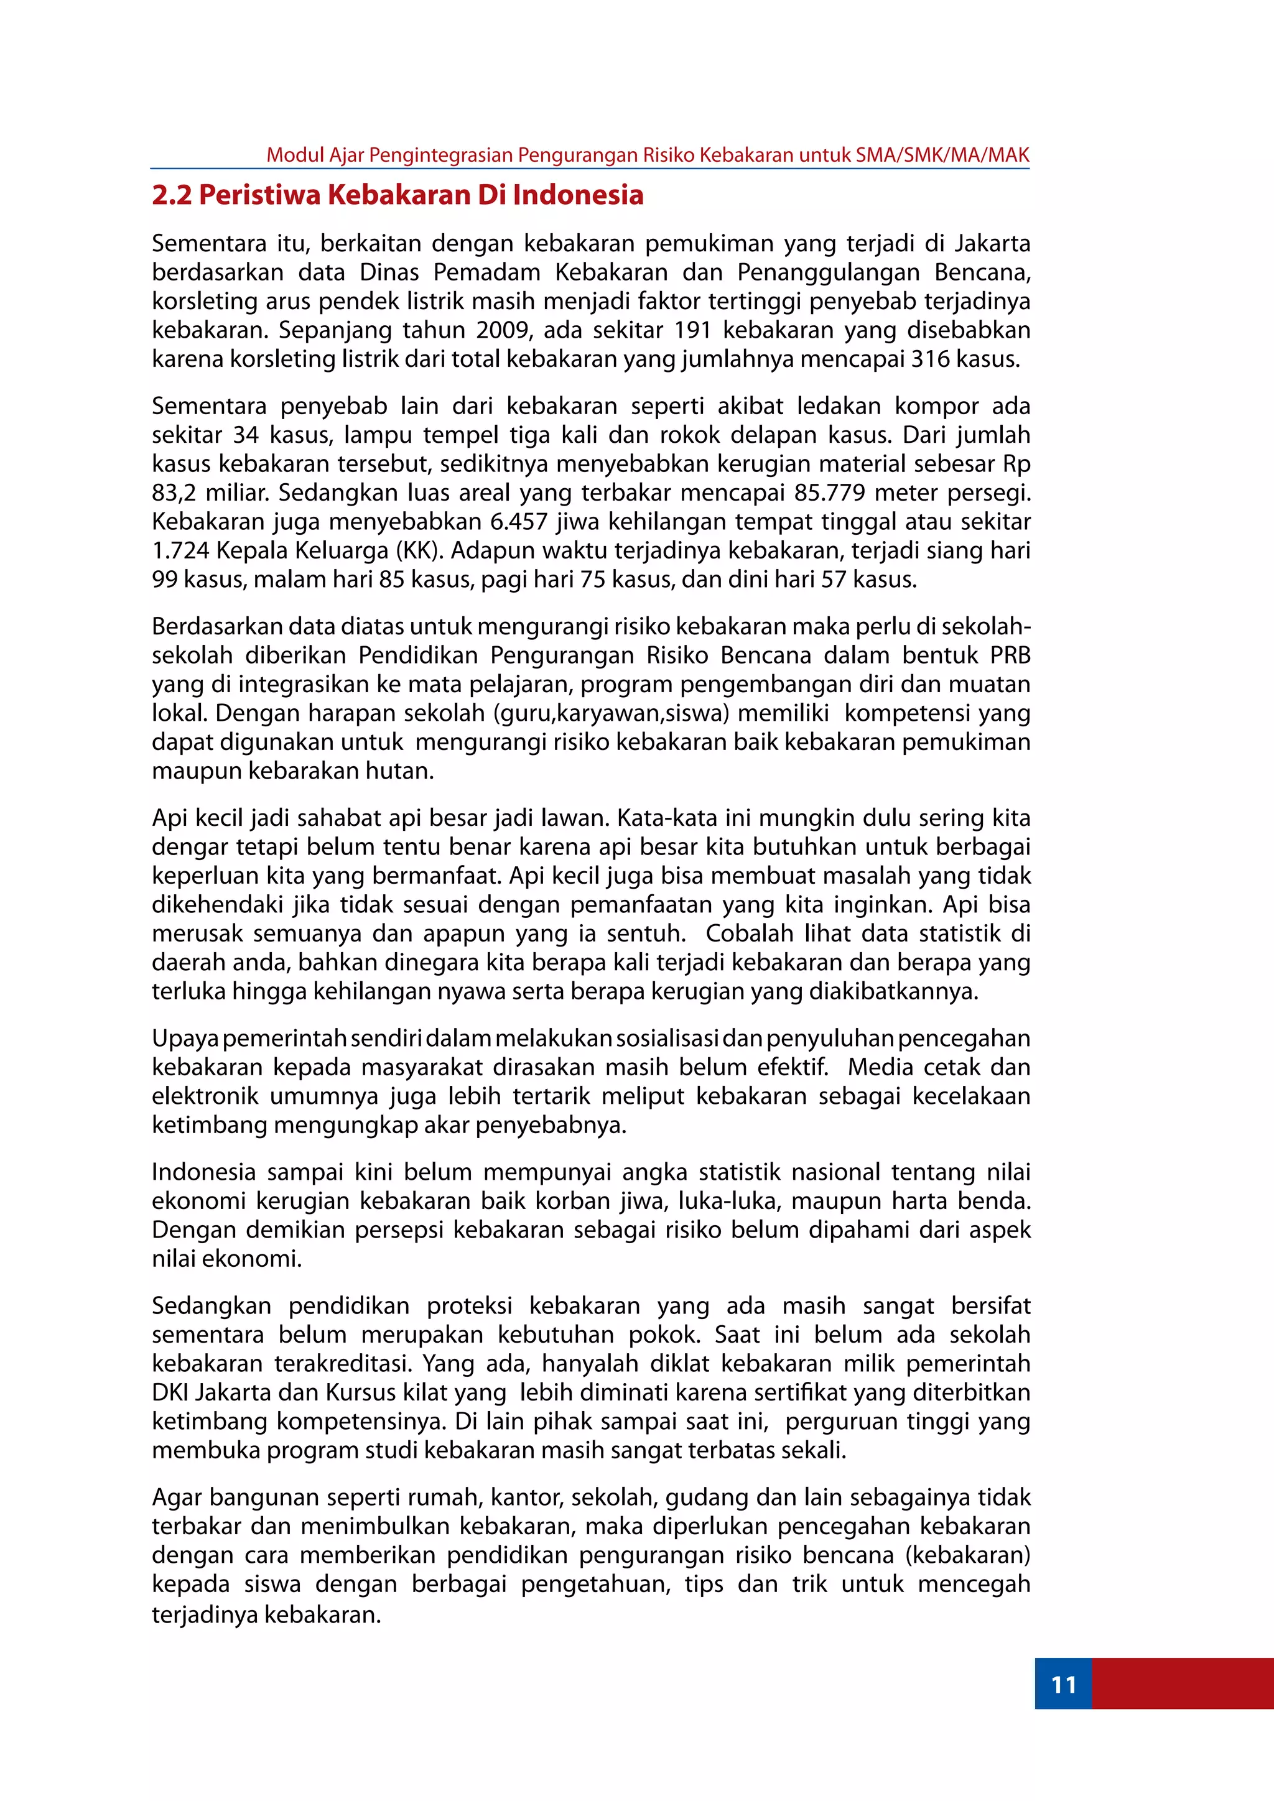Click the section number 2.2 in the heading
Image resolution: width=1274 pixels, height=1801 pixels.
pyautogui.click(x=172, y=195)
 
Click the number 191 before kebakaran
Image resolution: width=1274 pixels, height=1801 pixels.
pyautogui.click(x=693, y=330)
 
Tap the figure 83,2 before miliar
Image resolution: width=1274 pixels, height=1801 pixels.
pyautogui.click(x=174, y=493)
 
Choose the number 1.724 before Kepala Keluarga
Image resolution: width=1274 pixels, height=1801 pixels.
pyautogui.click(x=180, y=550)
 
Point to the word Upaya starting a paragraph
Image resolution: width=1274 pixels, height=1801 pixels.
pyautogui.click(x=185, y=1039)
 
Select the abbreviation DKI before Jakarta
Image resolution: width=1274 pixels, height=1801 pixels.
pyautogui.click(x=170, y=1392)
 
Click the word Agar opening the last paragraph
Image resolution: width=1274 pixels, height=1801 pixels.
pyautogui.click(x=177, y=1498)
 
